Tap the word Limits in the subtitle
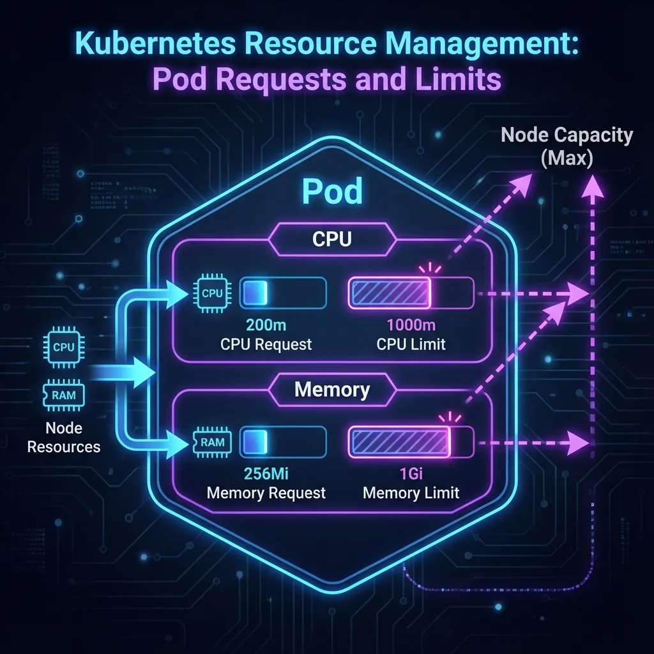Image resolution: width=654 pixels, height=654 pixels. coord(457,82)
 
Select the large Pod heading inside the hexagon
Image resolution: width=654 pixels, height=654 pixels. coord(331,191)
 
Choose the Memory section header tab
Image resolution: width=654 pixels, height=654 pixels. coord(331,390)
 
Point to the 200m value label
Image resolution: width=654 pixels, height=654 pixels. coord(266,325)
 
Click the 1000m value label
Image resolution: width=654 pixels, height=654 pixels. coord(411,325)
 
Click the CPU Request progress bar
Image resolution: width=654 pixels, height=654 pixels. coord(283,293)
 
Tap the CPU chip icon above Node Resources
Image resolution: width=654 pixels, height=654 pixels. coord(64,347)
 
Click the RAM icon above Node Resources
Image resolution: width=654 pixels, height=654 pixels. coord(64,395)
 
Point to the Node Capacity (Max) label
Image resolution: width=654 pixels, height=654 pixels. coord(567,146)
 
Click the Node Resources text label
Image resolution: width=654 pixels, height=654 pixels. coord(64,437)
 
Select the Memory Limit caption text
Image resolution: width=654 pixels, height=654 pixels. coord(411,493)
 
